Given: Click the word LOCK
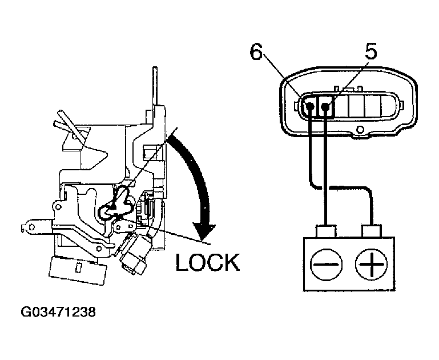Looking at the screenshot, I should click(x=207, y=262).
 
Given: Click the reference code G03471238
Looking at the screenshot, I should click(x=57, y=313).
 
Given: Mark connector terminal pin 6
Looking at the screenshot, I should click(x=311, y=106).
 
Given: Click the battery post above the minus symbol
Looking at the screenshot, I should click(x=325, y=232).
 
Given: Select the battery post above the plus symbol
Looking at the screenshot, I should click(x=372, y=232).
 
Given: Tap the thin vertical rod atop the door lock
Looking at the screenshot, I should click(x=155, y=86).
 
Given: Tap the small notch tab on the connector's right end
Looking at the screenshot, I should click(x=401, y=106).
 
